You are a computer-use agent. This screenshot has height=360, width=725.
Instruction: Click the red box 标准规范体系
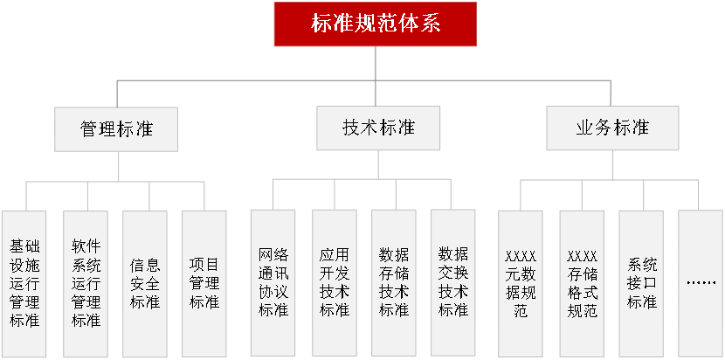click(376, 24)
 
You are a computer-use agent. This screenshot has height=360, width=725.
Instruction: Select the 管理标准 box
click(116, 128)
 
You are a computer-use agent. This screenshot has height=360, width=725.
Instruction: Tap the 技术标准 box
click(378, 128)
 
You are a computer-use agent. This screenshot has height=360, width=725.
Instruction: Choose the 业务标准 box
click(611, 128)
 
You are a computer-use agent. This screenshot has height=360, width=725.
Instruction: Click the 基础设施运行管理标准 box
click(24, 283)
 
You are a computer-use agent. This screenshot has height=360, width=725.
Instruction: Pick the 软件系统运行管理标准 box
click(86, 283)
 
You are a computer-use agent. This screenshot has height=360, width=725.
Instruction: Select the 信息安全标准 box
click(145, 283)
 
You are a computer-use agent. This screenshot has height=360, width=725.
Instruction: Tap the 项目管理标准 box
click(204, 283)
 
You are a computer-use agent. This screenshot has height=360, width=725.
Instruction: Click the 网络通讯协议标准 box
click(273, 283)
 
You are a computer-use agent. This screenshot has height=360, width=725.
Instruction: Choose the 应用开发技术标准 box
click(334, 283)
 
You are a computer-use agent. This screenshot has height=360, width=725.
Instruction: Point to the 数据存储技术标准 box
click(393, 283)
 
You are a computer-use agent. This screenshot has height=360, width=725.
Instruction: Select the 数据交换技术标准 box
click(453, 283)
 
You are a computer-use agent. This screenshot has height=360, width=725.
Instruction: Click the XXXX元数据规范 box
click(521, 283)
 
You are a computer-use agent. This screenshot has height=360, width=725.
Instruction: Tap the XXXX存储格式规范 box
click(582, 283)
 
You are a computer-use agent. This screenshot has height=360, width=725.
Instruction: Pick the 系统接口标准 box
click(642, 283)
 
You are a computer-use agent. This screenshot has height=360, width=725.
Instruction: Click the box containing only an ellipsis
click(701, 283)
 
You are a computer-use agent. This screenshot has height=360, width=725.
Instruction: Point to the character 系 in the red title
click(431, 24)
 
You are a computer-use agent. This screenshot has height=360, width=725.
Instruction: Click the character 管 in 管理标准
click(89, 128)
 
